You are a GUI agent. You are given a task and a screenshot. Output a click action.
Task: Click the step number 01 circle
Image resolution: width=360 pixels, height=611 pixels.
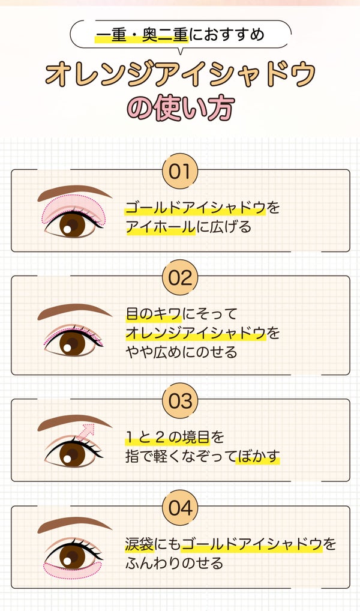(179, 172)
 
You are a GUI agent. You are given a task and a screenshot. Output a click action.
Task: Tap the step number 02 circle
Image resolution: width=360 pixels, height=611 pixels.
(179, 278)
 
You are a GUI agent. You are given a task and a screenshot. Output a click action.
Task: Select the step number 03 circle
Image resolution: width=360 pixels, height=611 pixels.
(179, 401)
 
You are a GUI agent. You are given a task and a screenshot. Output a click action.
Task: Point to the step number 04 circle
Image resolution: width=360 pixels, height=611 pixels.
(179, 508)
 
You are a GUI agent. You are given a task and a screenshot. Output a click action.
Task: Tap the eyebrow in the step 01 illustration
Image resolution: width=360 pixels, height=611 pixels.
(74, 192)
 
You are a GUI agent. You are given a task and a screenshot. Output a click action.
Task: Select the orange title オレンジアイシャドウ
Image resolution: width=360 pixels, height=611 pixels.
(180, 74)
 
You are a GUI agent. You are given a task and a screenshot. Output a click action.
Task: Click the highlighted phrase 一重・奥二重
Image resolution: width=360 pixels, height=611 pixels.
(142, 35)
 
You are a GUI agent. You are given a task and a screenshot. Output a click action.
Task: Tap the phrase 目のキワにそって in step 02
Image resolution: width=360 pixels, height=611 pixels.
(181, 314)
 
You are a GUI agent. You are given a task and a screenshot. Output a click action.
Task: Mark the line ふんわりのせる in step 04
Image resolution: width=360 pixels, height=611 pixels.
(174, 564)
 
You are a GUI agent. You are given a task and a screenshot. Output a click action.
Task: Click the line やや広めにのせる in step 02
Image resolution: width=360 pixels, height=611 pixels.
(181, 352)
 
